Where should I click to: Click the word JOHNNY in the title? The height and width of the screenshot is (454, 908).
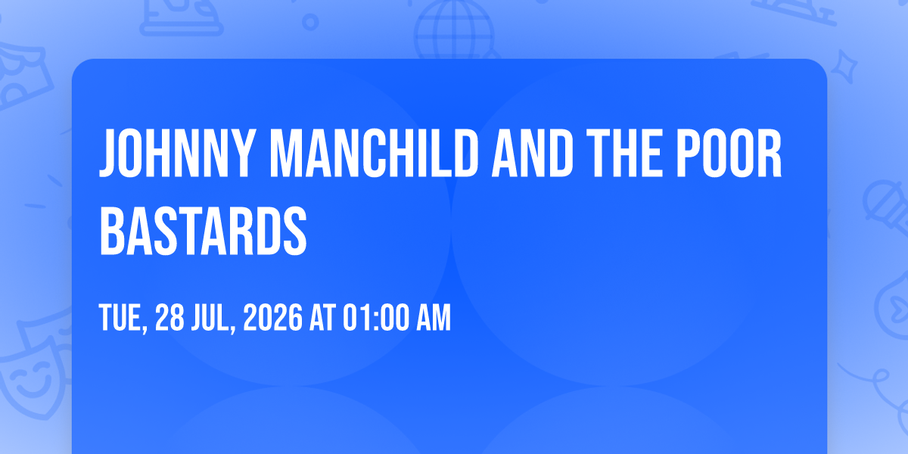[177, 153]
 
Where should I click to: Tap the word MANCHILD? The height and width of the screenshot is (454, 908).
[374, 153]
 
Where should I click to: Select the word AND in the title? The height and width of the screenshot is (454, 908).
[532, 153]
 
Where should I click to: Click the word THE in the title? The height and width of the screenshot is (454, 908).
[624, 153]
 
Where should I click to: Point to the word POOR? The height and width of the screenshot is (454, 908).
[729, 153]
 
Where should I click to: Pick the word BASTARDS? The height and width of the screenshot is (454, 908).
[203, 230]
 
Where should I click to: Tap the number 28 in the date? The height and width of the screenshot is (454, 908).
[169, 317]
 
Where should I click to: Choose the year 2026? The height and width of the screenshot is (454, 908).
[273, 317]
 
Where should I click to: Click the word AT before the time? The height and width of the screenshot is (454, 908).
[322, 317]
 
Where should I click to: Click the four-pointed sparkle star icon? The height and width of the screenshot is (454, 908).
[844, 67]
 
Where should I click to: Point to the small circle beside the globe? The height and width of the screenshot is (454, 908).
[310, 22]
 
